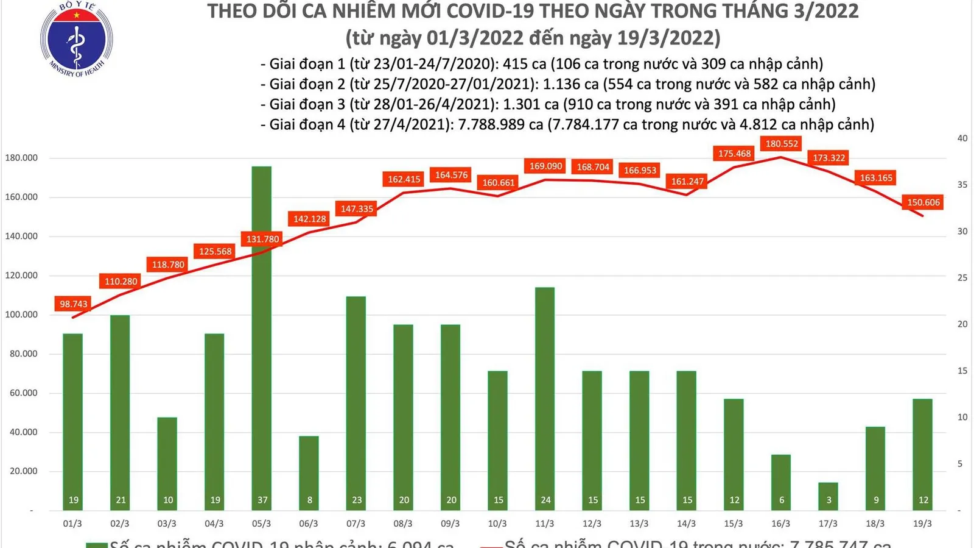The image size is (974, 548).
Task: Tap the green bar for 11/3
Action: [545, 396]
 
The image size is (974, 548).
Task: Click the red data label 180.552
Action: [782, 144]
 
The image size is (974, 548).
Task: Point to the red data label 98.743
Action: [73, 304]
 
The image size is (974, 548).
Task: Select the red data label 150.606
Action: [923, 202]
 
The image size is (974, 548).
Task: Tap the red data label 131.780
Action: [262, 239]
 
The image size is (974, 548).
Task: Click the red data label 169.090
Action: [545, 166]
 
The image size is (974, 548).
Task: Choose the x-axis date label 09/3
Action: [450, 524]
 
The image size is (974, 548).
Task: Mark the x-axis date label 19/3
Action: [922, 524]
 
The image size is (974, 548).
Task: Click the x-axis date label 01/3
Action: [72, 524]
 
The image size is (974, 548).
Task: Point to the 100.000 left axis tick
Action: [21, 315]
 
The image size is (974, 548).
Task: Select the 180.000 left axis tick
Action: [21, 158]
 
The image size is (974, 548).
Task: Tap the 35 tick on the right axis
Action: [962, 185]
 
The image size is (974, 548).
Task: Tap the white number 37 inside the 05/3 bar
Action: [262, 500]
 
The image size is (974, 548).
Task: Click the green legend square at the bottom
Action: [96, 544]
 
